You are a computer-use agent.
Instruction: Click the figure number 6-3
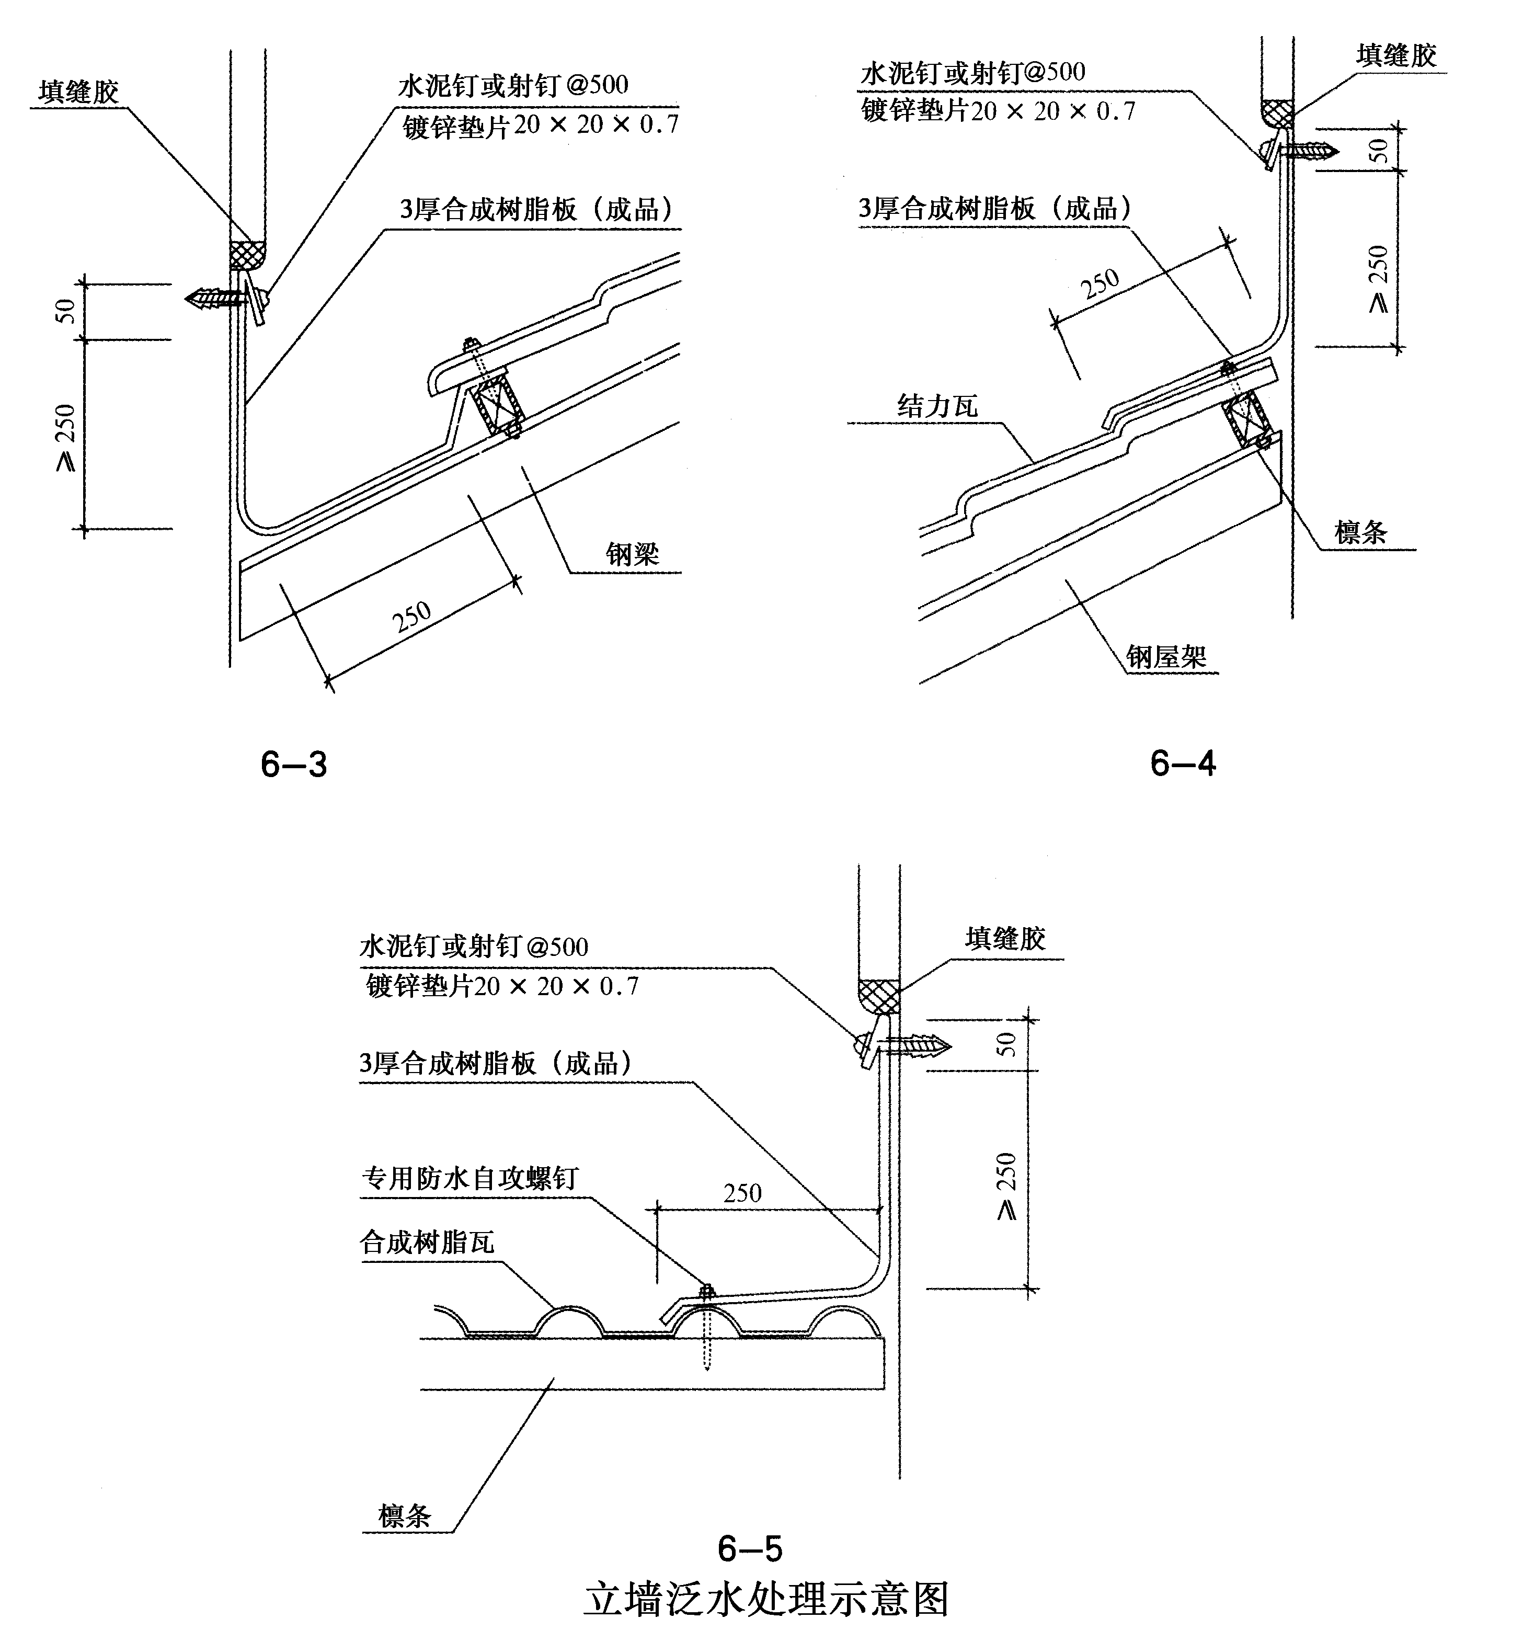click(293, 764)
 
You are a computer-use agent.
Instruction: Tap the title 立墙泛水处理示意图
click(766, 1598)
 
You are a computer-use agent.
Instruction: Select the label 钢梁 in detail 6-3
click(632, 554)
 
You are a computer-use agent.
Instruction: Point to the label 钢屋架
click(1165, 656)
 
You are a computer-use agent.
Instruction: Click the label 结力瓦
click(937, 406)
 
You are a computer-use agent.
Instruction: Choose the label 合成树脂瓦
click(427, 1242)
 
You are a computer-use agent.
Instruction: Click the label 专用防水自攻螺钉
click(470, 1178)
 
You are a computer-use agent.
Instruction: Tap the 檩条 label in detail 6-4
click(1361, 532)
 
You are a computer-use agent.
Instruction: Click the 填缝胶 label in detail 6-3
click(79, 92)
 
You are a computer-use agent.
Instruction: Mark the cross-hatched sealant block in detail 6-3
click(246, 255)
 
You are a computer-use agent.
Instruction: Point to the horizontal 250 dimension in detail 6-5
click(742, 1192)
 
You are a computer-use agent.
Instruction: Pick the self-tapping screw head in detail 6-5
click(705, 1291)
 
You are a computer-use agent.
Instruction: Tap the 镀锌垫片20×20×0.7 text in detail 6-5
click(502, 986)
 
